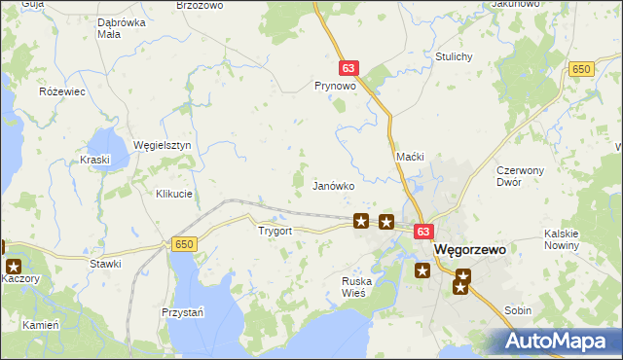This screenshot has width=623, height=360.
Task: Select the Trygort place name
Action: [275, 232]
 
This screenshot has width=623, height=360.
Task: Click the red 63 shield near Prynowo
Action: [350, 68]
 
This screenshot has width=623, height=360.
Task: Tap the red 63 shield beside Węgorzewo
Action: [422, 232]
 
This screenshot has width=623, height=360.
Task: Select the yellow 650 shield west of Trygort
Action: [184, 243]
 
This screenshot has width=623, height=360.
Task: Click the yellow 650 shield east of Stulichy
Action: [582, 68]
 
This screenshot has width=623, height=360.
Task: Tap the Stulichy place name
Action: [455, 56]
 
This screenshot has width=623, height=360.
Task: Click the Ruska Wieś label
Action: [357, 287]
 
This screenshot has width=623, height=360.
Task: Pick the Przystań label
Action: [182, 312]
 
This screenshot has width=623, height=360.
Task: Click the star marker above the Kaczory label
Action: [14, 266]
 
